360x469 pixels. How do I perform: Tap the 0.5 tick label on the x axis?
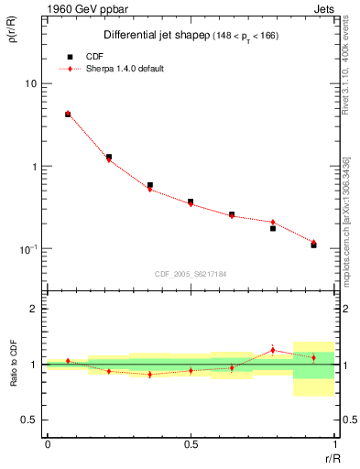(191, 444)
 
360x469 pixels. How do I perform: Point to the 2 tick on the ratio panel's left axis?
(36, 310)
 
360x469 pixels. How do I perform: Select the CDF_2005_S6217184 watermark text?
(191, 274)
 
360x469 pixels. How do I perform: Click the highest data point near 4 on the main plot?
(68, 115)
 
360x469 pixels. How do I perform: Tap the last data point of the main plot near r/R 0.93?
(313, 245)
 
